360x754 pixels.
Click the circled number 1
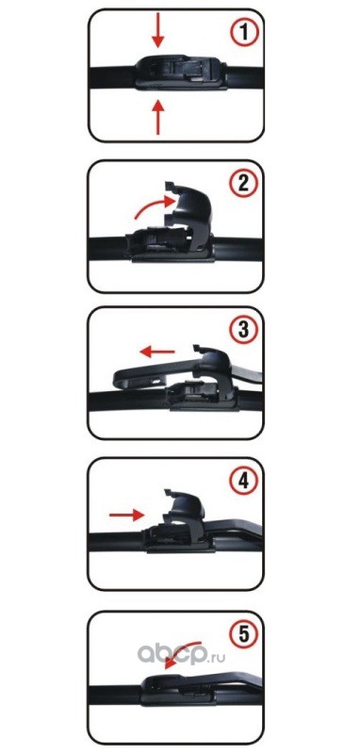coord(243,34)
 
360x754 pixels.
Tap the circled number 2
coord(243,183)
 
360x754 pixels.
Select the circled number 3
coord(243,331)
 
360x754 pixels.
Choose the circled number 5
coord(244,635)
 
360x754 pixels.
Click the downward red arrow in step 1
coord(157,34)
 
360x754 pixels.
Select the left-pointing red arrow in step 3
coord(156,352)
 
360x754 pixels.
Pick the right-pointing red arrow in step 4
coord(126,515)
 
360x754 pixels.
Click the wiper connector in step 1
coord(181,73)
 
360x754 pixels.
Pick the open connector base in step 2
coord(170,245)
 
